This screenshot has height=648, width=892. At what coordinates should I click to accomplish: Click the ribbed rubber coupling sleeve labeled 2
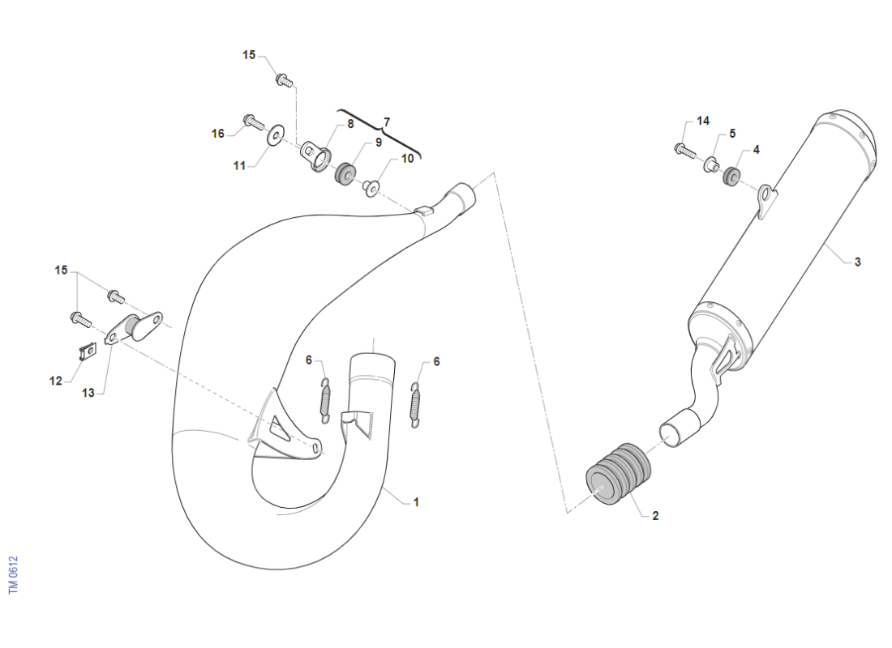[x=619, y=474]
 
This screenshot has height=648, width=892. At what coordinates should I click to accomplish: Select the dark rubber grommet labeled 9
[x=345, y=173]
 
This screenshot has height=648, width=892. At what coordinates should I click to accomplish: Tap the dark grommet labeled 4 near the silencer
[x=731, y=176]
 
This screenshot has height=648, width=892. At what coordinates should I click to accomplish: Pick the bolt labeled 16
[x=253, y=121]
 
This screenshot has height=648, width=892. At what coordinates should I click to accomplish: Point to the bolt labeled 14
[x=685, y=151]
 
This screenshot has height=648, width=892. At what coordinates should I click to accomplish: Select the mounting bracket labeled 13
[x=133, y=328]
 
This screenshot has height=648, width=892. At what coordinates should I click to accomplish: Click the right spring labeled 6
[x=416, y=405]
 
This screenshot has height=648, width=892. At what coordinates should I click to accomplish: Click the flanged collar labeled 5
[x=710, y=164]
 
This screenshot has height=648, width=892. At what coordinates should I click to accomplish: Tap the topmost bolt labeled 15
[x=285, y=81]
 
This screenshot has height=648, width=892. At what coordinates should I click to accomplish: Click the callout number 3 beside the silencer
[x=857, y=262]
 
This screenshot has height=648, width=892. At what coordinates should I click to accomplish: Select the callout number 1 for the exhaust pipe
[x=416, y=502]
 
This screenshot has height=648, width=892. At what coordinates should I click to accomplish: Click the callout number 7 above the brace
[x=387, y=123]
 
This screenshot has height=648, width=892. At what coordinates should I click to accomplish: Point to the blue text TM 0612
[x=14, y=575]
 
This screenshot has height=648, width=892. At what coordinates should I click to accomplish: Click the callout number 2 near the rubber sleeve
[x=655, y=516]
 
